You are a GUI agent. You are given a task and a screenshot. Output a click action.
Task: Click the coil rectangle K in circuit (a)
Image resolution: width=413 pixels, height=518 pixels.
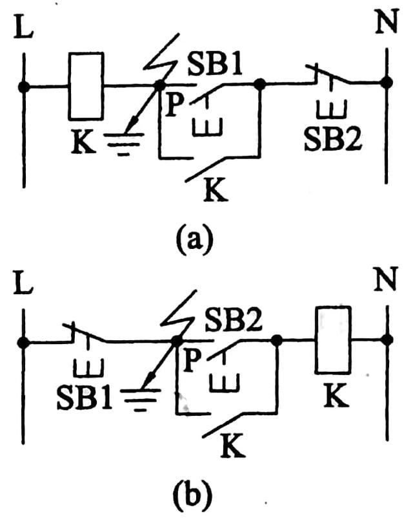86,87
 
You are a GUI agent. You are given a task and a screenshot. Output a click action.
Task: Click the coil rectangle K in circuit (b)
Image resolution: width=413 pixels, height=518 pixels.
334,340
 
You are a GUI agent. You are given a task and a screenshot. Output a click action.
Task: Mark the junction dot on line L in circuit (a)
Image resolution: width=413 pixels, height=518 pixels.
24,86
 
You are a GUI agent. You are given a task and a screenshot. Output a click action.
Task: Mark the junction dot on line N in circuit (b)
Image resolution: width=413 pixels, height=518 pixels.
387,340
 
